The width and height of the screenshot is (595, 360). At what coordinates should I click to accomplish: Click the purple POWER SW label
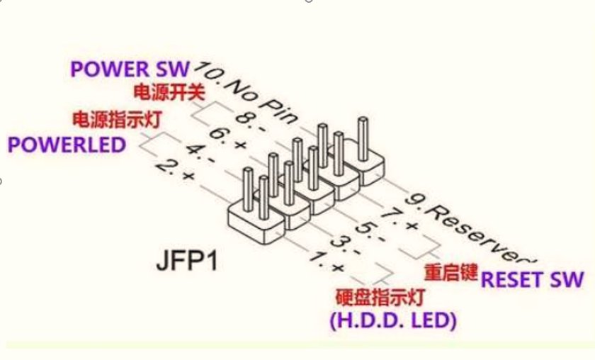130,69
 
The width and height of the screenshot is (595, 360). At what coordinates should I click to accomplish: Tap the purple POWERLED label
67,145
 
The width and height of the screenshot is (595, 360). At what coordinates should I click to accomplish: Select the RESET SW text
533,279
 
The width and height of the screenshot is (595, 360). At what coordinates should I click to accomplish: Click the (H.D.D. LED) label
392,320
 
